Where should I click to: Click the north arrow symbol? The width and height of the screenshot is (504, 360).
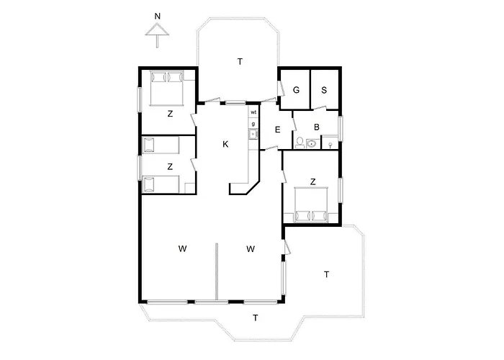(156, 32)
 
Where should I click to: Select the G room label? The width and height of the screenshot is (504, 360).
(296, 90)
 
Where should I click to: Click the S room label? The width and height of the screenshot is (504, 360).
(325, 90)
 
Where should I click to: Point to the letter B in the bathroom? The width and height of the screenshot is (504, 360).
(316, 127)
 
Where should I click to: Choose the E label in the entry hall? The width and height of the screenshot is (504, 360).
(278, 130)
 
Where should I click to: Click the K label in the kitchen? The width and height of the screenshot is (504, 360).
(225, 145)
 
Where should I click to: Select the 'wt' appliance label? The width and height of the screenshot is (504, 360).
(253, 113)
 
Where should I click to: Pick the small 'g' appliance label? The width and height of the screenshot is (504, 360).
(253, 124)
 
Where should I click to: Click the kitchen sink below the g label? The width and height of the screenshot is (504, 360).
(253, 134)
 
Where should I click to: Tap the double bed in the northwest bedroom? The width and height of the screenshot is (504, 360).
(168, 87)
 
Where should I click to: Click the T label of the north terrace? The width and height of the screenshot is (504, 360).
(240, 62)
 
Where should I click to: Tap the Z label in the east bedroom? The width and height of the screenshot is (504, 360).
(312, 181)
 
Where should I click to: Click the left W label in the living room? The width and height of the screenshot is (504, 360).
(183, 249)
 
